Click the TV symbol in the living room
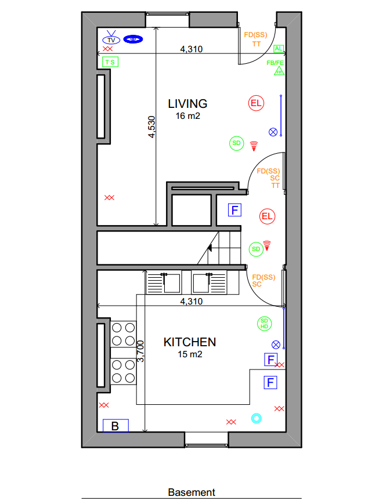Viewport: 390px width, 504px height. click(x=111, y=38)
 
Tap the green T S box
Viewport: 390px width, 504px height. click(x=110, y=62)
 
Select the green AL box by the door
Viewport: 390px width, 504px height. click(x=279, y=49)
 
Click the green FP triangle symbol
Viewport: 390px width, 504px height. click(x=279, y=71)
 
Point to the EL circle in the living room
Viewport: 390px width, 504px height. click(x=256, y=103)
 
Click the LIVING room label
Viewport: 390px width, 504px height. click(x=187, y=104)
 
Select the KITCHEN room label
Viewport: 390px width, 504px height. click(x=190, y=342)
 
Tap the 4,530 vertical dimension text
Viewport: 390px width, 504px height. click(x=151, y=127)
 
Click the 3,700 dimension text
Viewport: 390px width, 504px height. click(x=140, y=351)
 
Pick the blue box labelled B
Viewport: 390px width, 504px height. click(x=115, y=426)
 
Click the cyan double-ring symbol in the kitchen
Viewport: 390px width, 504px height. click(x=257, y=418)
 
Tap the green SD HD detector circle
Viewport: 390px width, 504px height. click(x=264, y=324)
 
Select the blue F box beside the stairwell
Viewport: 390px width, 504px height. click(x=234, y=210)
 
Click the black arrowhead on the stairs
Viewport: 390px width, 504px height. click(x=210, y=248)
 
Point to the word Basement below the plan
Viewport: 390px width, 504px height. click(x=192, y=492)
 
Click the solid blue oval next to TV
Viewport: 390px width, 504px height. click(x=133, y=39)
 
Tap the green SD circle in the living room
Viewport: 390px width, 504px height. click(x=236, y=143)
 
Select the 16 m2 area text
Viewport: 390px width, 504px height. click(x=188, y=116)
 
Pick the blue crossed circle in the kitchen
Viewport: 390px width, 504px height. click(x=276, y=345)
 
